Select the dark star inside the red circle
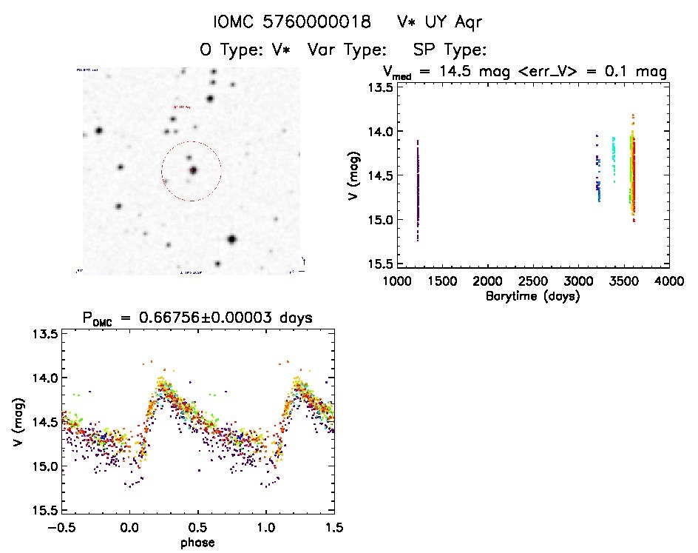(x=193, y=170)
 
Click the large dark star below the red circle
(x=232, y=239)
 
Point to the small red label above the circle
(x=182, y=107)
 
